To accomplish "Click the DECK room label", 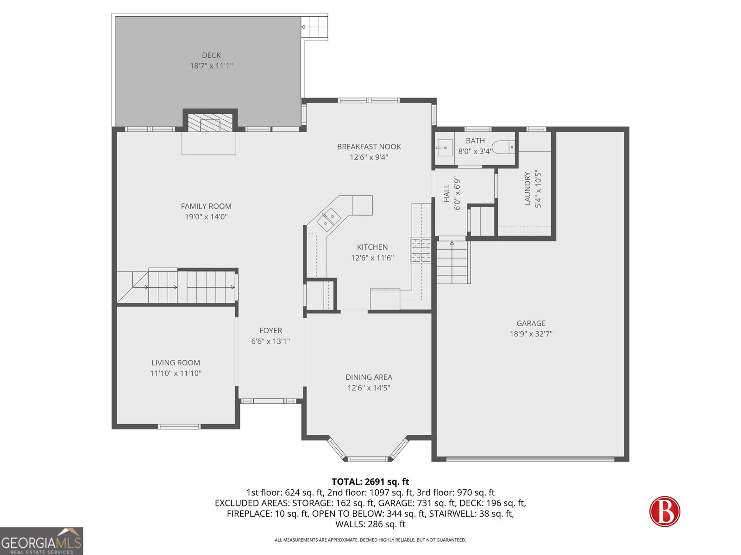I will click(211, 55).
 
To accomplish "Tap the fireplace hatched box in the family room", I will click(210, 123).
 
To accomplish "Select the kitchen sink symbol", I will click(329, 220).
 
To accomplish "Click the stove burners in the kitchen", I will click(420, 250).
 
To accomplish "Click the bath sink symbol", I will click(444, 148).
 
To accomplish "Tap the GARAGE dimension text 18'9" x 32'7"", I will click(531, 334).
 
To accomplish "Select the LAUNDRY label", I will click(527, 189).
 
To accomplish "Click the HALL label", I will click(447, 193).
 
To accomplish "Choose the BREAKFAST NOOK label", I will click(369, 147).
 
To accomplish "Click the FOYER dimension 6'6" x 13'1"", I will click(270, 341).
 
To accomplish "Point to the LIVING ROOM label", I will click(176, 363).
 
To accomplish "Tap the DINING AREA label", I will click(369, 377).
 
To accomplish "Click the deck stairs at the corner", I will click(314, 27).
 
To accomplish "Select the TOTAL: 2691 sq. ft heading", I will click(370, 482).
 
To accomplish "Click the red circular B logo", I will click(665, 511).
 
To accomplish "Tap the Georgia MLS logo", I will click(41, 541).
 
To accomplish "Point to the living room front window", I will click(179, 426).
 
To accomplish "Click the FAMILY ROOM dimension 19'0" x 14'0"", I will click(206, 217).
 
